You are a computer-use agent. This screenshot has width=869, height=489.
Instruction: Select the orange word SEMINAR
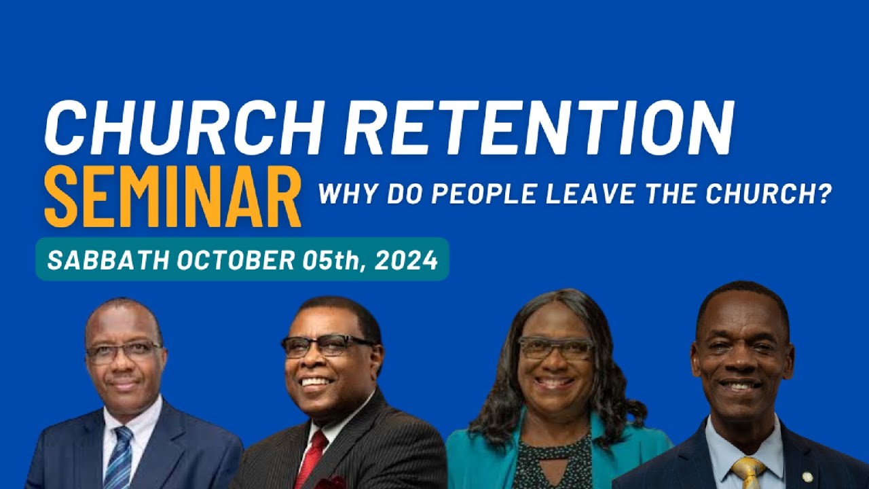pos(172,197)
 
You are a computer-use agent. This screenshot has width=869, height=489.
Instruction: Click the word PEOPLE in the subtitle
pos(485,195)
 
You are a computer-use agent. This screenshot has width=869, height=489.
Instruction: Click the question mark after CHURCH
pos(824,195)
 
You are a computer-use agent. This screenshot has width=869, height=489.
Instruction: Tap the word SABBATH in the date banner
pos(109,260)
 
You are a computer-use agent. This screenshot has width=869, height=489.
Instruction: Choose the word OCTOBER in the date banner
pos(235,260)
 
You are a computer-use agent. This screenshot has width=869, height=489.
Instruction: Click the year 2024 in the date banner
pos(405,260)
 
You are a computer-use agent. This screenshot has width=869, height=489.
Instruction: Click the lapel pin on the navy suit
pos(807,477)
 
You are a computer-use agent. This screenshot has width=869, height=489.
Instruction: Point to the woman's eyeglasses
pos(555,348)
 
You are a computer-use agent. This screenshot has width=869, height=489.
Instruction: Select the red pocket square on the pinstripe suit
pos(333,482)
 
